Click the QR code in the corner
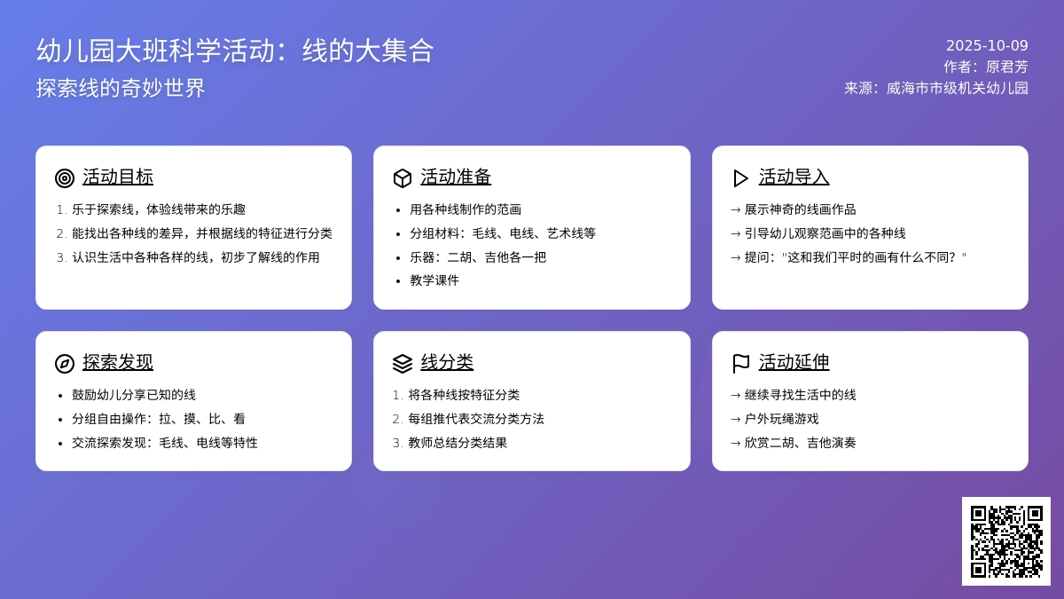point(1005,540)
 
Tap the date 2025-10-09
point(987,45)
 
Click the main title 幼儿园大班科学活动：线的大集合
point(235,51)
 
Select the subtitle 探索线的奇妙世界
point(121,89)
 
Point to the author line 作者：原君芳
point(985,67)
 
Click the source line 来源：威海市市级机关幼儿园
point(935,88)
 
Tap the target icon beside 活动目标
point(65,178)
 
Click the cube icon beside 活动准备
point(403,178)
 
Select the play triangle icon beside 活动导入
point(740,178)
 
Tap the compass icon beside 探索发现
point(65,364)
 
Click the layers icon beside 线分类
point(403,364)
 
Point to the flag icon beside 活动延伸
point(740,364)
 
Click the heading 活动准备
point(456,177)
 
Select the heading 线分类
point(447,362)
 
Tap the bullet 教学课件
point(434,280)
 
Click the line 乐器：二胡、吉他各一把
point(478,257)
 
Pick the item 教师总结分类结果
point(458,443)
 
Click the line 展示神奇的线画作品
point(800,209)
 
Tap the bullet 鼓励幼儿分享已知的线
point(134,395)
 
